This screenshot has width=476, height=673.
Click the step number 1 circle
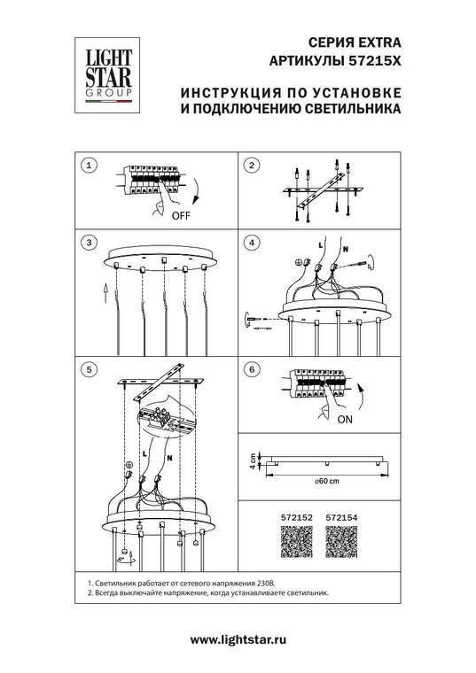pyautogui.click(x=88, y=166)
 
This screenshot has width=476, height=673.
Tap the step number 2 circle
pyautogui.click(x=251, y=166)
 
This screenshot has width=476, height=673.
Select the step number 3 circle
pyautogui.click(x=88, y=243)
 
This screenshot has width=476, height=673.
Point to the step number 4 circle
pyautogui.click(x=251, y=243)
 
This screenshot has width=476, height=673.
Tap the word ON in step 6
pyautogui.click(x=347, y=422)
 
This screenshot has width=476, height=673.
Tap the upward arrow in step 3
pyautogui.click(x=105, y=290)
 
